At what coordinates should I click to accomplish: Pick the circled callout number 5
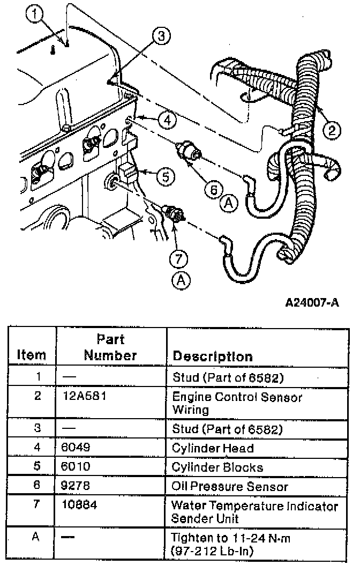[x=166, y=176]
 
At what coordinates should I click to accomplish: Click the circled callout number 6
[x=214, y=189]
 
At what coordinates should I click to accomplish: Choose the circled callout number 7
[x=179, y=259]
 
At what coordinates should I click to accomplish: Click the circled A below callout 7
[x=179, y=279]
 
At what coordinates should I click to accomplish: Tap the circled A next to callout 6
[x=229, y=203]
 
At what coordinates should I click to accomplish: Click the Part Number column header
[x=110, y=347]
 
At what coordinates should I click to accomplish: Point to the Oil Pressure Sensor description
[x=230, y=487]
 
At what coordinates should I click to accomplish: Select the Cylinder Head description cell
[x=212, y=448]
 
